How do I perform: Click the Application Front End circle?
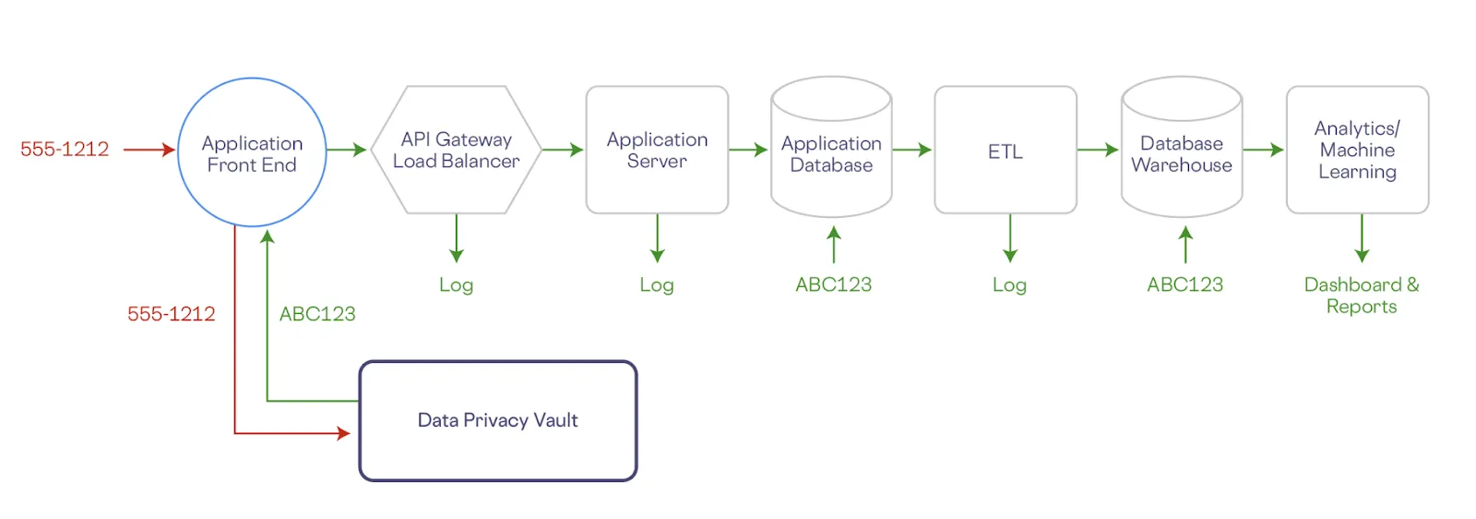[252, 152]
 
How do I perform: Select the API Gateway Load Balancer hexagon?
[456, 150]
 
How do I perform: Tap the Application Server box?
[657, 150]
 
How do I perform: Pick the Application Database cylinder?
[831, 153]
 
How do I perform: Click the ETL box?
[1006, 151]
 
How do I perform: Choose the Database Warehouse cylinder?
[1182, 153]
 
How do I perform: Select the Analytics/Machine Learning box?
[1357, 150]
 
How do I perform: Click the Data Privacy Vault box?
[498, 420]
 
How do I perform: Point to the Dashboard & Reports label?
[1362, 296]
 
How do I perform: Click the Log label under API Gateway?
[456, 285]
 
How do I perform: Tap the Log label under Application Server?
[657, 285]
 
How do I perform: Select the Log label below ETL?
[1009, 285]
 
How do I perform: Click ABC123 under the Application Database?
[833, 284]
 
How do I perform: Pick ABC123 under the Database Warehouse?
[1184, 284]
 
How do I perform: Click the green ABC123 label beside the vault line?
[317, 314]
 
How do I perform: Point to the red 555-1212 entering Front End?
[65, 150]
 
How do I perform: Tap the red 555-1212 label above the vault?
[171, 314]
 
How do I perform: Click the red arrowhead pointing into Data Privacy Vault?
[344, 432]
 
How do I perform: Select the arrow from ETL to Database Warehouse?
[1098, 150]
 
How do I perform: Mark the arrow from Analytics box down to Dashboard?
[1362, 238]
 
